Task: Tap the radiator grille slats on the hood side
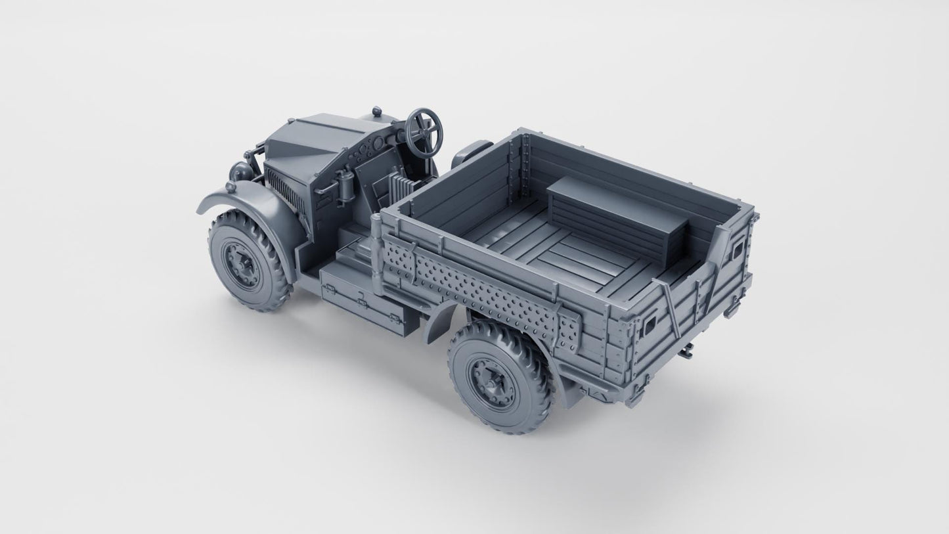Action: (x=285, y=190)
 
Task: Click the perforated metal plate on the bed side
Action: (x=483, y=299)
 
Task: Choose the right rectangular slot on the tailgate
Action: (x=738, y=248)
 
